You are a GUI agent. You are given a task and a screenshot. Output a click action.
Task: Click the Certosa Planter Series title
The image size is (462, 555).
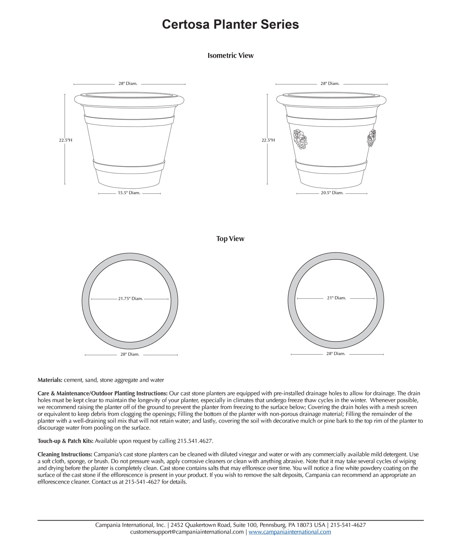[x=230, y=24]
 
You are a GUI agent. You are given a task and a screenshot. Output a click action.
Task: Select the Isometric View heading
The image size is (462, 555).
[x=231, y=55]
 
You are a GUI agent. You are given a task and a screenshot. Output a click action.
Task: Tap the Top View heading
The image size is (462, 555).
[x=230, y=239]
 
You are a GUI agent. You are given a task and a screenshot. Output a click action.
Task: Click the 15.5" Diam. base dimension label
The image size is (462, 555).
[x=129, y=193]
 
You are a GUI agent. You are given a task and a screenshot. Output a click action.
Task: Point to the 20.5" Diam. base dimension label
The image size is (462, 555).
[x=332, y=193]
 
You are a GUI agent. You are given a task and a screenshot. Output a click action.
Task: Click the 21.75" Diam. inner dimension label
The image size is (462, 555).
[x=130, y=299]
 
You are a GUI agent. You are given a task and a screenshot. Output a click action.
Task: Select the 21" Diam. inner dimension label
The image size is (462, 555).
[x=336, y=298]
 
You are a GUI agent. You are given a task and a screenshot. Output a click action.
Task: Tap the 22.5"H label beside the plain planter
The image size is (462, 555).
[x=66, y=140]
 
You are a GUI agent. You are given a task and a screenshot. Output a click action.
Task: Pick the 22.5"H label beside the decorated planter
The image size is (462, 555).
[x=268, y=140]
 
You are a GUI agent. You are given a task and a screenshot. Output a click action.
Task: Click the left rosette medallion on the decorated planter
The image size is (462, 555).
[x=300, y=139]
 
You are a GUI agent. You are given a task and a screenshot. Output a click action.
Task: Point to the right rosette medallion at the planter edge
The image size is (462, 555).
[x=371, y=138]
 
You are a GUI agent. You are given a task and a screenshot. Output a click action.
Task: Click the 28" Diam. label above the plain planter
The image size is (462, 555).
[x=128, y=84]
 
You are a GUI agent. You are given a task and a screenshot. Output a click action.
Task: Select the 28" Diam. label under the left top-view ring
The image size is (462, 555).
[x=130, y=354]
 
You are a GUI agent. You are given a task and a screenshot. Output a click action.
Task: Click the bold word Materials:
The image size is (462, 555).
[x=50, y=380]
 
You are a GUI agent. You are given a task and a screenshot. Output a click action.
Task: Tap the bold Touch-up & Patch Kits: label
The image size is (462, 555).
[x=65, y=441]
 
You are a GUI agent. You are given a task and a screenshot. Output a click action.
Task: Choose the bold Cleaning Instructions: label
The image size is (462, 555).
[x=65, y=454]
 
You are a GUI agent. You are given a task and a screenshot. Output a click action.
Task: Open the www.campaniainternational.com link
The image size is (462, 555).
[x=290, y=532]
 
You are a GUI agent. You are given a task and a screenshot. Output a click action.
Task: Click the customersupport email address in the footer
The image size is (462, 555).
[x=187, y=532]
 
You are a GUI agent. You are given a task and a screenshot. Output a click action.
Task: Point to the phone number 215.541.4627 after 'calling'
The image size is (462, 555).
[x=195, y=441]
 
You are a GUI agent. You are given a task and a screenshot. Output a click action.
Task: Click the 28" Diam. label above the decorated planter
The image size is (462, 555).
[x=330, y=84]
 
